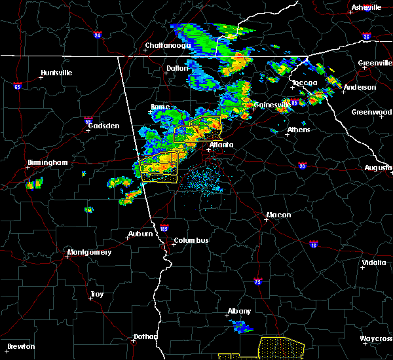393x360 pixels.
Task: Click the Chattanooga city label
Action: click(x=168, y=45)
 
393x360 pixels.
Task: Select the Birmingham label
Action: click(x=48, y=162)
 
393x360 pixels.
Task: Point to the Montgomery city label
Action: click(x=90, y=252)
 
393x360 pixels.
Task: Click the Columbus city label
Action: click(x=191, y=240)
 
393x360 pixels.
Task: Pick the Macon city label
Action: click(x=278, y=215)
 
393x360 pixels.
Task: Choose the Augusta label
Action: click(x=378, y=168)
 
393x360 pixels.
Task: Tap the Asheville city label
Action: click(x=366, y=7)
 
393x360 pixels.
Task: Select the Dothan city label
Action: click(x=145, y=336)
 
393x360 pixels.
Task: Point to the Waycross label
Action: click(x=376, y=339)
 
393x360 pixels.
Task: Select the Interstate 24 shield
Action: click(x=97, y=35)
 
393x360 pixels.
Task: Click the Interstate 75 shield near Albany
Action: click(x=257, y=281)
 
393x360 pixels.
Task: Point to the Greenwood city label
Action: click(x=371, y=112)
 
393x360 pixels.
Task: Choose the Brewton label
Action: click(x=21, y=346)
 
